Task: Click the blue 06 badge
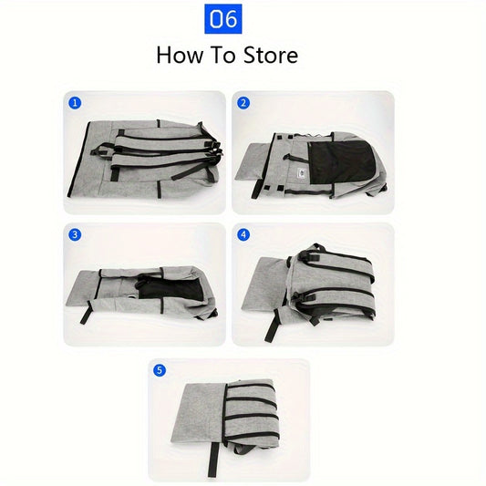pyautogui.click(x=223, y=19)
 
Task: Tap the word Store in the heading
pyautogui.click(x=271, y=56)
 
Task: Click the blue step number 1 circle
pyautogui.click(x=75, y=103)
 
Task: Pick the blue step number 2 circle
pyautogui.click(x=243, y=103)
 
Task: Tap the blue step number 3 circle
pyautogui.click(x=75, y=234)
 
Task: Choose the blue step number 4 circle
pyautogui.click(x=243, y=234)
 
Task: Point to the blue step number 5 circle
pyautogui.click(x=160, y=370)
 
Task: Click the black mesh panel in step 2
pyautogui.click(x=341, y=162)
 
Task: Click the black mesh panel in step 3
pyautogui.click(x=171, y=288)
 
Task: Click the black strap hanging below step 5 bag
pyautogui.click(x=213, y=460)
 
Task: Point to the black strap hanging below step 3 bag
pyautogui.click(x=86, y=312)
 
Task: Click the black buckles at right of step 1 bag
pyautogui.click(x=216, y=151)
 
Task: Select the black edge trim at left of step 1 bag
pyautogui.click(x=78, y=160)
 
